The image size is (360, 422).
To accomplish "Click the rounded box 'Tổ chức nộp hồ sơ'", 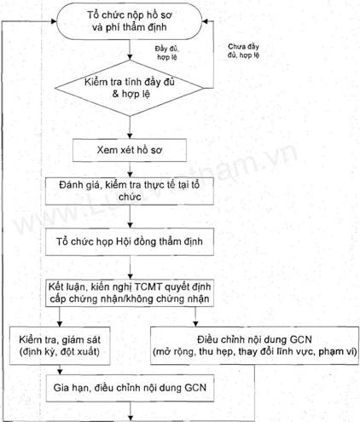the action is [130, 21].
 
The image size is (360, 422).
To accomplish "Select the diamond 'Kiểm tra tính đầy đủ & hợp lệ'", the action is [130, 88].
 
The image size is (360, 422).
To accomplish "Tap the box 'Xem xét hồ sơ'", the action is [130, 150].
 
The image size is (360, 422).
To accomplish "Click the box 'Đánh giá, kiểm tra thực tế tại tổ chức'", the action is [130, 191].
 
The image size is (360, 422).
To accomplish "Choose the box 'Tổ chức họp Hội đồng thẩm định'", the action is [130, 241].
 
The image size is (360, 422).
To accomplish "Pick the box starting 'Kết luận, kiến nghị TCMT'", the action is [130, 293].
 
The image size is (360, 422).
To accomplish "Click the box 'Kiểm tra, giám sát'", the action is [60, 346].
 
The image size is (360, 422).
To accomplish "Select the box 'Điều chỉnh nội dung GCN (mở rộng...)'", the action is [254, 345].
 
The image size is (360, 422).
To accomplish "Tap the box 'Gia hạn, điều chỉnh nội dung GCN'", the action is [130, 388].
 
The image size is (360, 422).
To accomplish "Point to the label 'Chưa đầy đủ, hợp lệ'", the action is [243, 50].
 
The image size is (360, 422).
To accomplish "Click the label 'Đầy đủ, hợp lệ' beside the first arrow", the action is [167, 53].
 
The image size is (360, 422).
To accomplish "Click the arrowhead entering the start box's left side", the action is [54, 21].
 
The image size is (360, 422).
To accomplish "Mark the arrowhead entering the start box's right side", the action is [205, 21].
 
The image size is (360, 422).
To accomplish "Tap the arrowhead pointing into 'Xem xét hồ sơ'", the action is [130, 136].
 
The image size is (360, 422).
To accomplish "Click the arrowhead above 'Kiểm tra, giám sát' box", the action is [60, 324].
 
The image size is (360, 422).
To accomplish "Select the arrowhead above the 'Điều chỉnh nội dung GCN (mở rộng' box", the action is [195, 324].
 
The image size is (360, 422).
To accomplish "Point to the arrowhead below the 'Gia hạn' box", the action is [131, 418].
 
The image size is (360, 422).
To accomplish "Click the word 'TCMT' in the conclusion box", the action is [148, 287].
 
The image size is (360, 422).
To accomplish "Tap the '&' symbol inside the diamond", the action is [115, 94].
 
